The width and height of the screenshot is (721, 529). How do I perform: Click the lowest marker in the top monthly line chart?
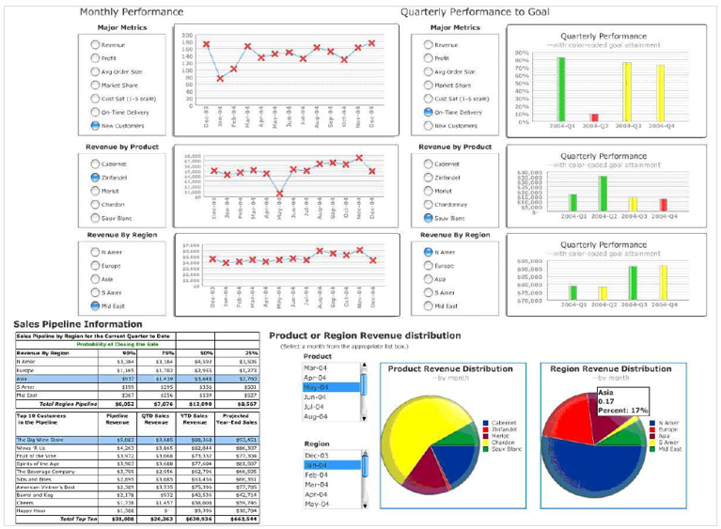(220, 78)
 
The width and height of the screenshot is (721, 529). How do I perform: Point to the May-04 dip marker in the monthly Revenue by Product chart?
(279, 194)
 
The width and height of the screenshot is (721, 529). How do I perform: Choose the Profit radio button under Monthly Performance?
(95, 58)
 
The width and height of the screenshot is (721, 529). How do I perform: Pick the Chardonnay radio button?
(429, 204)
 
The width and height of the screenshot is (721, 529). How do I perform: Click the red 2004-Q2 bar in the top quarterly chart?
(594, 117)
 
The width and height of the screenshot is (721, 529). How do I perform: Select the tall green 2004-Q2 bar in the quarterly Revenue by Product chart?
(603, 192)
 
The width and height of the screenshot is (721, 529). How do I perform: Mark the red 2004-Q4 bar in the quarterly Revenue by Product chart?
(663, 204)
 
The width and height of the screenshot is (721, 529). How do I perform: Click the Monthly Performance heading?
(132, 12)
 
